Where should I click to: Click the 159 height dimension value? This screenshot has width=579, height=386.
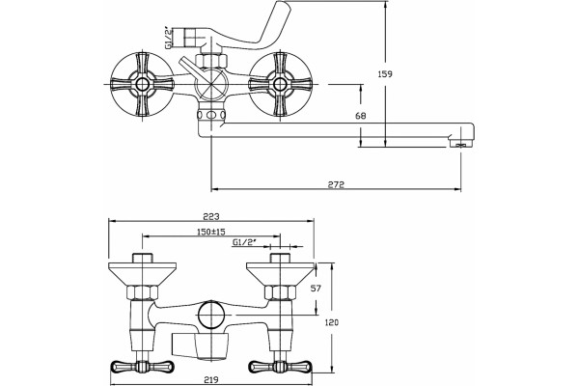click(385, 74)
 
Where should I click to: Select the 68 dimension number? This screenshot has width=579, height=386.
click(361, 116)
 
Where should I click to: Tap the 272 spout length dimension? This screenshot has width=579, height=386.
click(336, 183)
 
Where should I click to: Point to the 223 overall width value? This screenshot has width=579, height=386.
click(210, 216)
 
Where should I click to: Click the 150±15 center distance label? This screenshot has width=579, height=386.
click(210, 232)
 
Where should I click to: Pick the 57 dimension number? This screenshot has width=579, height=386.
click(317, 289)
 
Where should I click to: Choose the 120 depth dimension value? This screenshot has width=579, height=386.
click(331, 322)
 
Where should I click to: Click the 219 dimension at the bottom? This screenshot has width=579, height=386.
click(210, 379)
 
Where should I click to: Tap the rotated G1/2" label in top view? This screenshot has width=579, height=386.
click(168, 37)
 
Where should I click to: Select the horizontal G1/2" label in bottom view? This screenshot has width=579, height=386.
click(244, 242)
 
